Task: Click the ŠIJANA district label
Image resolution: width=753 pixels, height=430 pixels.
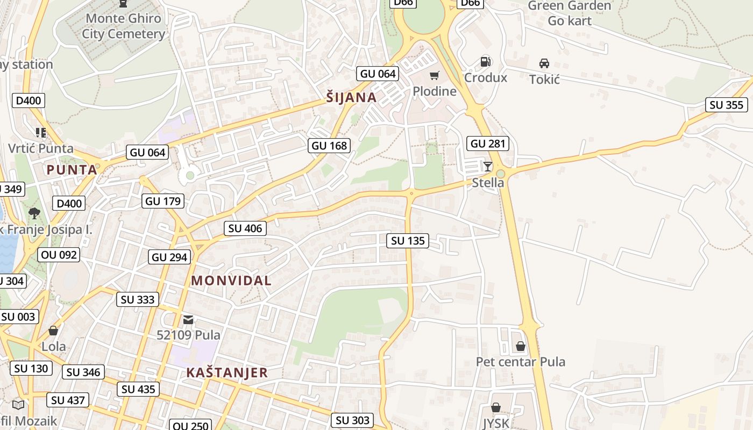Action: (x=351, y=97)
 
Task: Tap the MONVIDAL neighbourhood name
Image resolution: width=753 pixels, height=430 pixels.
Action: (x=231, y=281)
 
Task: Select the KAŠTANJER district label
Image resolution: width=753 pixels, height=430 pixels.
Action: (x=227, y=372)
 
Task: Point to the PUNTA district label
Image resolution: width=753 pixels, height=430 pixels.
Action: (x=72, y=170)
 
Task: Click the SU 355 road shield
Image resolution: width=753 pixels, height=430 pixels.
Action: (x=727, y=105)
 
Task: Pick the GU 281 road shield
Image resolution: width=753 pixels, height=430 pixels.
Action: (x=488, y=144)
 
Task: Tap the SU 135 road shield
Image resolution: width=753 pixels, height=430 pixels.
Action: (x=408, y=241)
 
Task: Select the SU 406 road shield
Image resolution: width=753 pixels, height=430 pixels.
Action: (x=245, y=228)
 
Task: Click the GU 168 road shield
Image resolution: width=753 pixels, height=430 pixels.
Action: (x=330, y=146)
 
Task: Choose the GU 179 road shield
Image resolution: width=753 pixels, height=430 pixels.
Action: (x=164, y=202)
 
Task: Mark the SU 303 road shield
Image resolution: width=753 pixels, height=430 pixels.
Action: (x=352, y=420)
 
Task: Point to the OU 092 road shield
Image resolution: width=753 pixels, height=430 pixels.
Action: (x=59, y=255)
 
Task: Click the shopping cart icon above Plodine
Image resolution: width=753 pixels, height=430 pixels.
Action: (x=434, y=75)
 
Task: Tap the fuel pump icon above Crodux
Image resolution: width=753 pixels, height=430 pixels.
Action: (x=485, y=62)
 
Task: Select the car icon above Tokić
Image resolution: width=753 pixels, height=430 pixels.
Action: (x=544, y=63)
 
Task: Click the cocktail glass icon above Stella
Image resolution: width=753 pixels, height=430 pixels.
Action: (x=488, y=167)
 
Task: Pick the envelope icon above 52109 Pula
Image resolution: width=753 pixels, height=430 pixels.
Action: (x=188, y=320)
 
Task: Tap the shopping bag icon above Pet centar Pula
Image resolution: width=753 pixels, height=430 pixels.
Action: (x=521, y=346)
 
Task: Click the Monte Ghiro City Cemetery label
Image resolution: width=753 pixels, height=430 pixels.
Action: (x=123, y=26)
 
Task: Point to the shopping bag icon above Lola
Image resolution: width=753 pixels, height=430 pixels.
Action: (x=53, y=331)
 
